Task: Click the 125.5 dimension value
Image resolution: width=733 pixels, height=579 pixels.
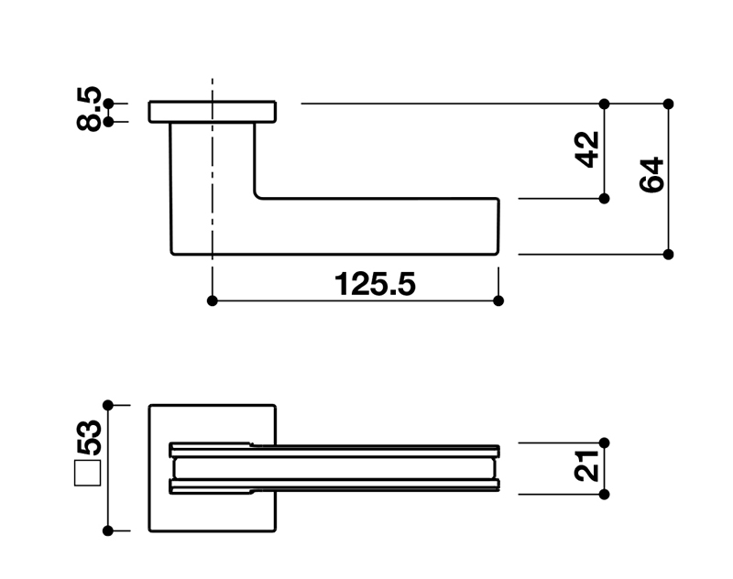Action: coord(375,285)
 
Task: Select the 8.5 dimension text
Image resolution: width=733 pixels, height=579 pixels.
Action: coord(89,110)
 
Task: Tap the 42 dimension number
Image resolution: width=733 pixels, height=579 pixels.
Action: coord(587,149)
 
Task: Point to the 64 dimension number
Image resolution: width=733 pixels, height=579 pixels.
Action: coord(651,175)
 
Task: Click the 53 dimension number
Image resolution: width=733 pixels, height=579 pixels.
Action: coord(89,441)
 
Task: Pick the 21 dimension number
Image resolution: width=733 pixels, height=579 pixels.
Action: coord(587,467)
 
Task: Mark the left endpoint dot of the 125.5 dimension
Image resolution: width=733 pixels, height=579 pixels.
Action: coord(213,300)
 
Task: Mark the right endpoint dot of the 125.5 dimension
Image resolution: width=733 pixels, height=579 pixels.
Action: coord(498,300)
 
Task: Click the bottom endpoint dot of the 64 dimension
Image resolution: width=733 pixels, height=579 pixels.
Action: coord(668,254)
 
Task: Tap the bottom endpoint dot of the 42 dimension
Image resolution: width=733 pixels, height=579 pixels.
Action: coord(604,198)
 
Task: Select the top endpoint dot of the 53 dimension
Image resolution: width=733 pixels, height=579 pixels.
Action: coord(108,404)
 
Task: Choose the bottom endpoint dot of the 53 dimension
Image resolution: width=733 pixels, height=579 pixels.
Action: coord(108,530)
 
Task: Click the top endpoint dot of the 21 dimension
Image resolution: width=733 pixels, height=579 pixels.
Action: coord(604,442)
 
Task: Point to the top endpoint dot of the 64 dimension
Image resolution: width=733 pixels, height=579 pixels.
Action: coord(668,104)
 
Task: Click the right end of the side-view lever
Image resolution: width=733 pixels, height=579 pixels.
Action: coord(498,225)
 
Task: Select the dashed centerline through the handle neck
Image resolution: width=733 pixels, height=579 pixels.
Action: coord(213,183)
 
